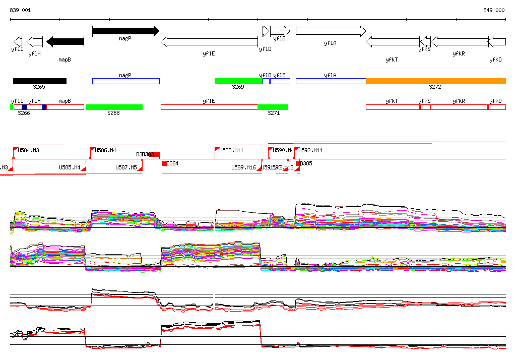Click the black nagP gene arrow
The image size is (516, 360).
click(125, 31)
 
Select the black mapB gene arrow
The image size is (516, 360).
click(65, 41)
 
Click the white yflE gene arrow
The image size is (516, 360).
click(209, 41)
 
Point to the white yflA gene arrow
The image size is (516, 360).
click(331, 31)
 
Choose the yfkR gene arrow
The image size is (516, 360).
click(459, 41)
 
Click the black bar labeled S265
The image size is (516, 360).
click(39, 81)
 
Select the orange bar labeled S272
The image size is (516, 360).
click(435, 81)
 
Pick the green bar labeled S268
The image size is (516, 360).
click(114, 107)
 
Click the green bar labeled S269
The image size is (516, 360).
click(238, 81)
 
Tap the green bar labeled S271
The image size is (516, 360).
click(273, 107)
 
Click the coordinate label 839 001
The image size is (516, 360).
click(20, 10)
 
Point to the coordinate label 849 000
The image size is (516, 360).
click(494, 10)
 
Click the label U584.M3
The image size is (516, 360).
click(29, 150)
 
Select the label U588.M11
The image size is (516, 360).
click(231, 150)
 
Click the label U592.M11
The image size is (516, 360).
click(310, 150)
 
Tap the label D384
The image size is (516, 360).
click(172, 163)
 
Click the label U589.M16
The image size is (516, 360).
click(243, 167)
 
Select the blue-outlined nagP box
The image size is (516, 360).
click(125, 81)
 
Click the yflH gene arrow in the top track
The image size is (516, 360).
click(34, 41)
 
